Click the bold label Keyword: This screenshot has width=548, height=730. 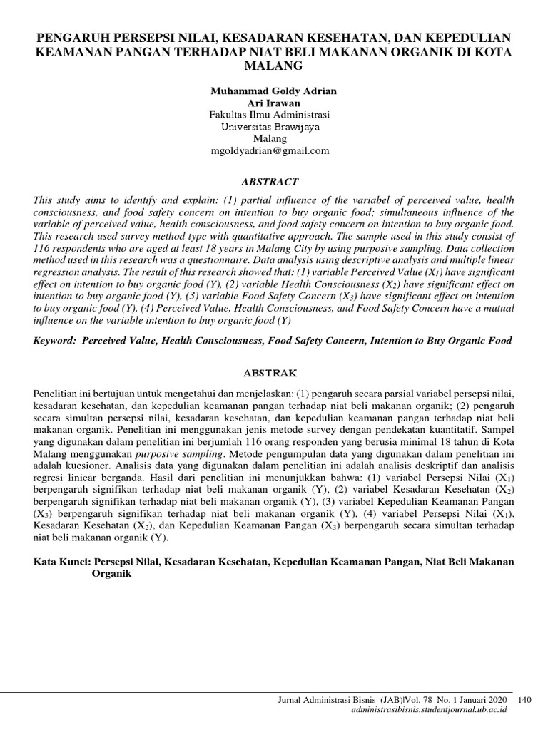[56, 341]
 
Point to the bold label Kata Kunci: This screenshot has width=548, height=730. [60, 562]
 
